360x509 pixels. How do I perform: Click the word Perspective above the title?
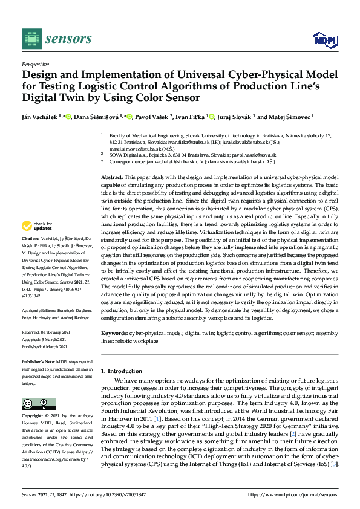pos(35,63)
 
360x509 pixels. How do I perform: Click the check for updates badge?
pos(34,226)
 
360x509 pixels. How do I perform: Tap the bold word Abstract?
pos(112,174)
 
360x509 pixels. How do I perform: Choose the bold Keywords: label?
pos(114,333)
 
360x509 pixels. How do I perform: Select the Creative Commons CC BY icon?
pos(39,403)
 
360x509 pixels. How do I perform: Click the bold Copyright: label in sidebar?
pos(33,417)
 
